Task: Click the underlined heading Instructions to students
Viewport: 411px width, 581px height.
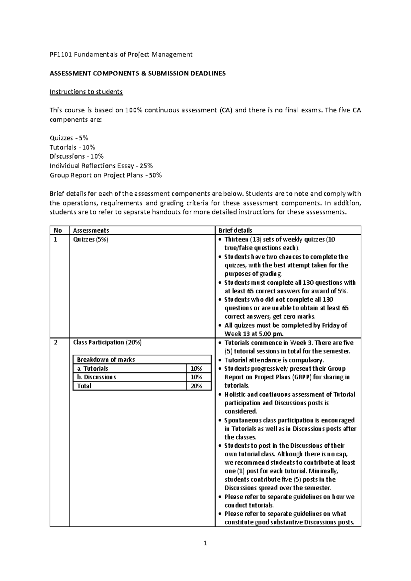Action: tap(86, 92)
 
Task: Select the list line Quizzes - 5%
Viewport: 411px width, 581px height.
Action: tap(69, 138)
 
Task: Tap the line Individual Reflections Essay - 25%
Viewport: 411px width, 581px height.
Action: tap(101, 166)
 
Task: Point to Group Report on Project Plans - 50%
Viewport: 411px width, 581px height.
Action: tap(105, 175)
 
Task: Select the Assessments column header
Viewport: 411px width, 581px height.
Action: tap(91, 231)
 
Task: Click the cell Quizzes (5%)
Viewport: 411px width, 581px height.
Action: tap(90, 239)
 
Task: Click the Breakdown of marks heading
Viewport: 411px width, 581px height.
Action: tap(106, 360)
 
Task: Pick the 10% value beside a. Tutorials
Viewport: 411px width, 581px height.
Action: tap(196, 369)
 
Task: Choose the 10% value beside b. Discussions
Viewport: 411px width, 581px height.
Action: tap(196, 377)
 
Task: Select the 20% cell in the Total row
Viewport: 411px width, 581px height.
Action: tap(196, 386)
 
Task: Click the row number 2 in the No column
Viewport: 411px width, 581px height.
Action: tap(56, 342)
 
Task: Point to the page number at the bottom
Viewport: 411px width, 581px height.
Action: tap(205, 543)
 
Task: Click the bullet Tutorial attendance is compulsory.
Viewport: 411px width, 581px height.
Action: tap(274, 360)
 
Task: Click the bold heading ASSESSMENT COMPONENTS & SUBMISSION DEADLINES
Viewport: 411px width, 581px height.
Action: tap(138, 73)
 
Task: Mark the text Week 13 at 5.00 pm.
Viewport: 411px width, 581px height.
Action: tap(254, 334)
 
